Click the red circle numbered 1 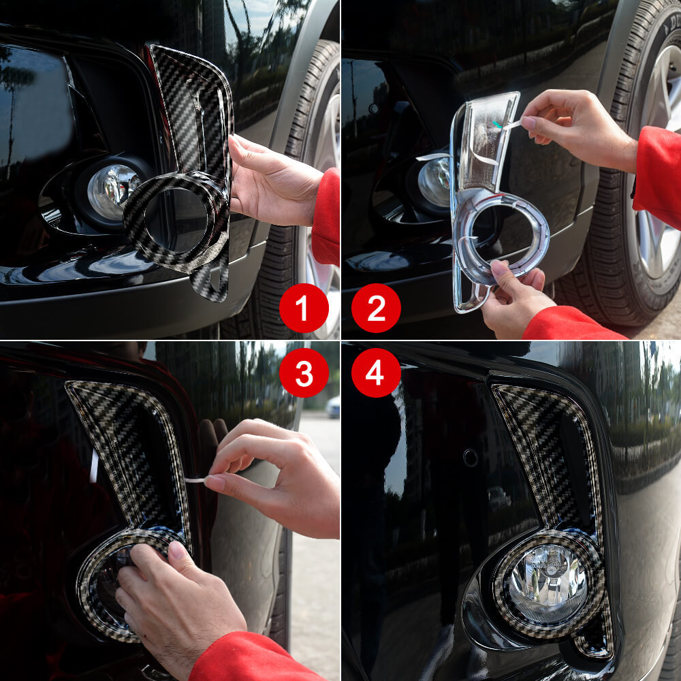pyautogui.click(x=304, y=308)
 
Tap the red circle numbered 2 pyautogui.click(x=376, y=308)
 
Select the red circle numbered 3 pyautogui.click(x=304, y=373)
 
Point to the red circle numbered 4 pyautogui.click(x=376, y=373)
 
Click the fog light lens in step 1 pyautogui.click(x=112, y=191)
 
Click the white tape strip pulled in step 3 pyautogui.click(x=195, y=480)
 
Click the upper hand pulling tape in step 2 pyautogui.click(x=579, y=126)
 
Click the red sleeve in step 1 pyautogui.click(x=327, y=218)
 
